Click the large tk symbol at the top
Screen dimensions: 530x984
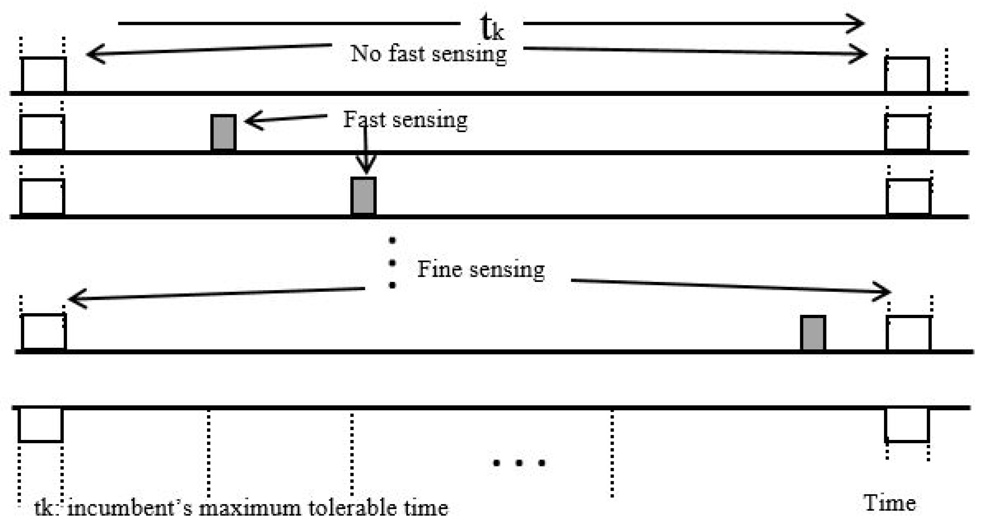point(492,28)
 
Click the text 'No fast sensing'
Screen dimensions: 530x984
point(429,54)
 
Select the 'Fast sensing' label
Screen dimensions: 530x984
point(405,120)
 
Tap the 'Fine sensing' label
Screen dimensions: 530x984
point(481,269)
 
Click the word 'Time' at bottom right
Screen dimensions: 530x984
point(889,503)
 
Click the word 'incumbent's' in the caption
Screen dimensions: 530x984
point(130,508)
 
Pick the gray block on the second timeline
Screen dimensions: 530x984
point(224,132)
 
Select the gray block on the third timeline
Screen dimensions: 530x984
point(363,196)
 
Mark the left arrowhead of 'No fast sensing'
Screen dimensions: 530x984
point(94,54)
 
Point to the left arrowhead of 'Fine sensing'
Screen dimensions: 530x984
point(76,299)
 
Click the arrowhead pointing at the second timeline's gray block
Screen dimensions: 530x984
point(252,121)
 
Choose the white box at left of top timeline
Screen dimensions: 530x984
point(44,75)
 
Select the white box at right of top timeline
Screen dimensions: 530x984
point(907,75)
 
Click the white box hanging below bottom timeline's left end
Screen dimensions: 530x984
point(40,425)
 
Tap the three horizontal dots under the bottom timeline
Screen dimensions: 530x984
point(519,462)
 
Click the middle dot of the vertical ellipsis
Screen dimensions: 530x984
point(392,263)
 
